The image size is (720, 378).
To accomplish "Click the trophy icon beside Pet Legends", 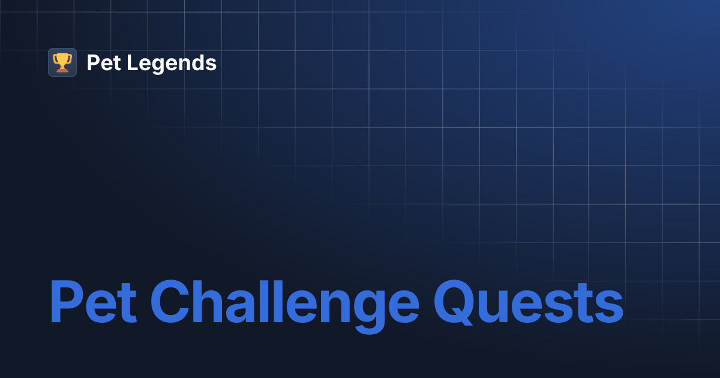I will pos(62,62).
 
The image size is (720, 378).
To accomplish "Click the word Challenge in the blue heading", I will pos(284,303).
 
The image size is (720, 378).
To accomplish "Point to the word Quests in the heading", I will pos(528,303).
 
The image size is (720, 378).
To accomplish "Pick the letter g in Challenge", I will pos(367,309).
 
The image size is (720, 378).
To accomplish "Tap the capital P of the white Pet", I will pos(93,62).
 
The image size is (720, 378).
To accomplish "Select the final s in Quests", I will pos(607,307).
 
